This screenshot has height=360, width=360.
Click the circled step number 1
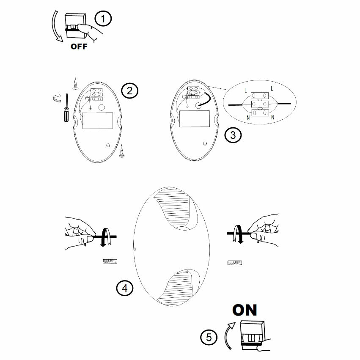103,19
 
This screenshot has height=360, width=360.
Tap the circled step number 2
129,90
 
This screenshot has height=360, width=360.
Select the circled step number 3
233,135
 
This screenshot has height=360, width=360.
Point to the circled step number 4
124,289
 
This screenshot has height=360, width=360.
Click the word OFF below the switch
79,47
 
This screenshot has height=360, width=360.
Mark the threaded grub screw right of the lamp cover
234,263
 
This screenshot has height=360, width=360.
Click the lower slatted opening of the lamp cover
177,288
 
